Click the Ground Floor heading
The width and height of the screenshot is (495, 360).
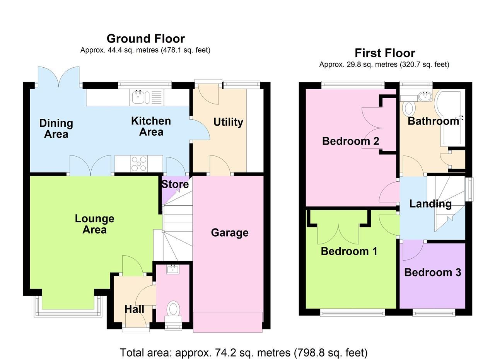tap(145, 39)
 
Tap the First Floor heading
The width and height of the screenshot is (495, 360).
tap(384, 53)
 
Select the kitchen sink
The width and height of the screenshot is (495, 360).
tap(138, 97)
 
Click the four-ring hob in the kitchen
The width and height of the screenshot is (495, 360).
tap(139, 164)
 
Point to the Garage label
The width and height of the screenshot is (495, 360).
tap(229, 233)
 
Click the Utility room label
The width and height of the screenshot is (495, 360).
tap(228, 122)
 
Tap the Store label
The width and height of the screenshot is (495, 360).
tap(175, 184)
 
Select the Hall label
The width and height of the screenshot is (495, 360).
tap(134, 309)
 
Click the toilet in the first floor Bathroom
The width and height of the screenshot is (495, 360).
tap(408, 108)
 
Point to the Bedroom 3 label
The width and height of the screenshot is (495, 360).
tap(432, 273)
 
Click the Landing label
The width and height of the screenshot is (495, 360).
tap(430, 204)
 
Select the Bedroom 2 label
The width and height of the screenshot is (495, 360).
tap(350, 141)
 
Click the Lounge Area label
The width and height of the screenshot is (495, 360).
tap(94, 224)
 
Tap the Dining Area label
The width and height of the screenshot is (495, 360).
tap(56, 129)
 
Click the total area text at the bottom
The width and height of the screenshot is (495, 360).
tap(243, 353)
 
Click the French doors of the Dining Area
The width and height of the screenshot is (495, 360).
tap(59, 77)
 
